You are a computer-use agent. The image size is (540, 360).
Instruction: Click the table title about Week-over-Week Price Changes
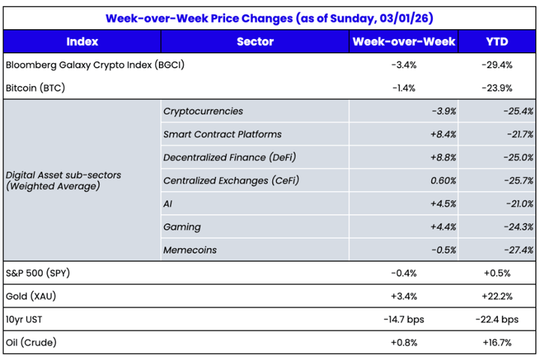point(270,16)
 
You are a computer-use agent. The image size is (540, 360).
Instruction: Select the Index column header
point(82,42)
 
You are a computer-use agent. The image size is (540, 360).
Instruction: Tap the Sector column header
point(255,42)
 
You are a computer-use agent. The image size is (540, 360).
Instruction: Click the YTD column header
point(497,42)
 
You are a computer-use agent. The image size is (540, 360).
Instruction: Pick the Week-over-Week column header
point(405,42)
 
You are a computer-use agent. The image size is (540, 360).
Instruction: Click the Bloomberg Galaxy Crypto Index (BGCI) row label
point(94,65)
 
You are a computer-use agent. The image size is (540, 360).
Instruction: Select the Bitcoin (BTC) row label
point(35,88)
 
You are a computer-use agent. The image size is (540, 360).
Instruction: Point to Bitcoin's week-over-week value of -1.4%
point(405,88)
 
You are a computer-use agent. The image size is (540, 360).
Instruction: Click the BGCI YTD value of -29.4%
point(497,65)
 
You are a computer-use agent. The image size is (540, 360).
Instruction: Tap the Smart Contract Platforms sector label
point(222,134)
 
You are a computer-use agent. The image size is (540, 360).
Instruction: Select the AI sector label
point(167,204)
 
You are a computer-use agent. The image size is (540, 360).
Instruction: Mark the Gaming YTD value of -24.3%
point(517,226)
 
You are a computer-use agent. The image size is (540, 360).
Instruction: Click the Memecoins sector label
point(190,250)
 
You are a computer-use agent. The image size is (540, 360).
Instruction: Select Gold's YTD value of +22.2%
point(497,296)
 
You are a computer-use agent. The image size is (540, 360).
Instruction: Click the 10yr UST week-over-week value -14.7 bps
point(405,319)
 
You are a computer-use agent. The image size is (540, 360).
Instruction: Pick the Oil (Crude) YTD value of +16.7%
point(497,343)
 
